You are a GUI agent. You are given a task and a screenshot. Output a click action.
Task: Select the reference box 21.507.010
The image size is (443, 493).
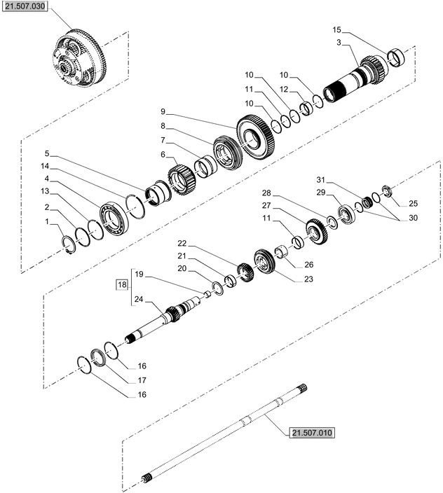311,432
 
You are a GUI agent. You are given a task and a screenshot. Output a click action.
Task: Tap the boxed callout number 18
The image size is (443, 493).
123,284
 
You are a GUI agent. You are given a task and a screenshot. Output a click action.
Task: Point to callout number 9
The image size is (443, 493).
163,111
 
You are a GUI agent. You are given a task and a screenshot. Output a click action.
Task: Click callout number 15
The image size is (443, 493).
336,30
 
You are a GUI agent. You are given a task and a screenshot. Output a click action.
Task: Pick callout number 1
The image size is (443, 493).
46,222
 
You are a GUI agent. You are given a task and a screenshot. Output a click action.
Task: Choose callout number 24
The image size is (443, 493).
138,300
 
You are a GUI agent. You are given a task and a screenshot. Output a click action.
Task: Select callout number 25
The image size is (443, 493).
413,203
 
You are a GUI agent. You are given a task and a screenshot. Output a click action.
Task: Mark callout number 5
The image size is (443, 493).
46,153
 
